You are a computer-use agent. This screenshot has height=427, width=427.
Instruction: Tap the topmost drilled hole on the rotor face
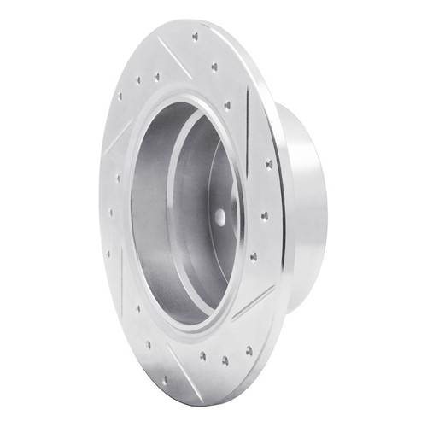(196, 36)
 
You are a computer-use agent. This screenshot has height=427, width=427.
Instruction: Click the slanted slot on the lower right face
(253, 302)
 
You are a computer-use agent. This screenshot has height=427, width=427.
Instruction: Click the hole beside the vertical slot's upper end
(227, 105)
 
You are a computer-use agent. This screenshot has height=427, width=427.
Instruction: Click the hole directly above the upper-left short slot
(138, 80)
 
